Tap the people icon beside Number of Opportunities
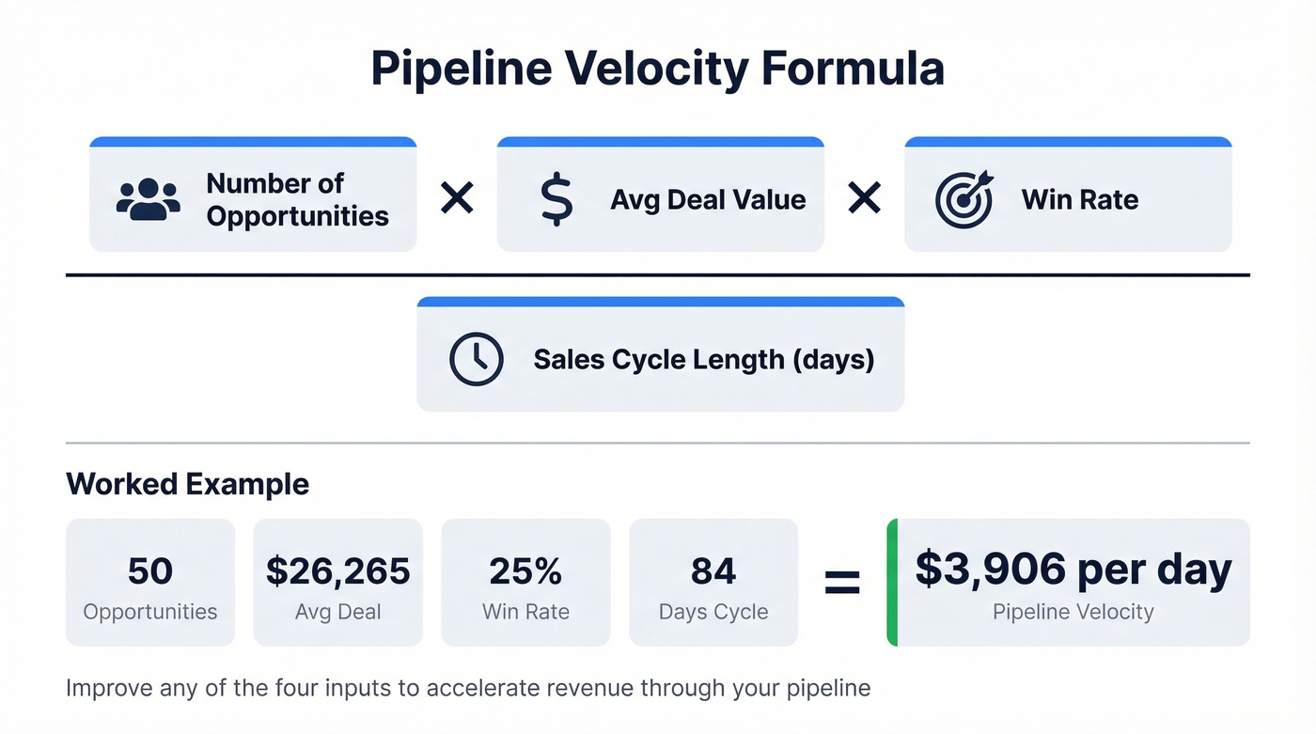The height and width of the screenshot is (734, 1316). (x=148, y=199)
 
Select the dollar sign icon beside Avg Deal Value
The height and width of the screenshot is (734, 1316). (x=556, y=199)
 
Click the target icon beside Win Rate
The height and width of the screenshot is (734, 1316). (x=963, y=199)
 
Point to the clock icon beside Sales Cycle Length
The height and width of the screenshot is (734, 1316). (x=477, y=359)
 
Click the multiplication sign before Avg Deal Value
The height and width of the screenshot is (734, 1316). (x=457, y=199)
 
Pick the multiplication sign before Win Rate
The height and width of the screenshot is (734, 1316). (x=864, y=199)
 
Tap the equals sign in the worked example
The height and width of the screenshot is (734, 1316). (x=841, y=583)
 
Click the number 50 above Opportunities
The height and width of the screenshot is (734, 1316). (x=149, y=571)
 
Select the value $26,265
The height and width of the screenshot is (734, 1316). (x=337, y=571)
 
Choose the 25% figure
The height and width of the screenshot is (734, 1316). (x=525, y=571)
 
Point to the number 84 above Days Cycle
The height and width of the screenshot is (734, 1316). (x=713, y=571)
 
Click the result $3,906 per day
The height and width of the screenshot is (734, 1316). (x=1073, y=570)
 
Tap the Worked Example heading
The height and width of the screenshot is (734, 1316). (x=187, y=485)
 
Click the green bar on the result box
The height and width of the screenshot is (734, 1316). (x=892, y=583)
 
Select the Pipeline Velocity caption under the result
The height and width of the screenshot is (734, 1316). (x=1073, y=613)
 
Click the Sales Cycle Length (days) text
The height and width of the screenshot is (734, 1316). (x=703, y=359)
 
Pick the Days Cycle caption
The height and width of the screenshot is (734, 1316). (x=713, y=613)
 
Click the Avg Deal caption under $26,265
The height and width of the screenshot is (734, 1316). (x=337, y=613)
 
